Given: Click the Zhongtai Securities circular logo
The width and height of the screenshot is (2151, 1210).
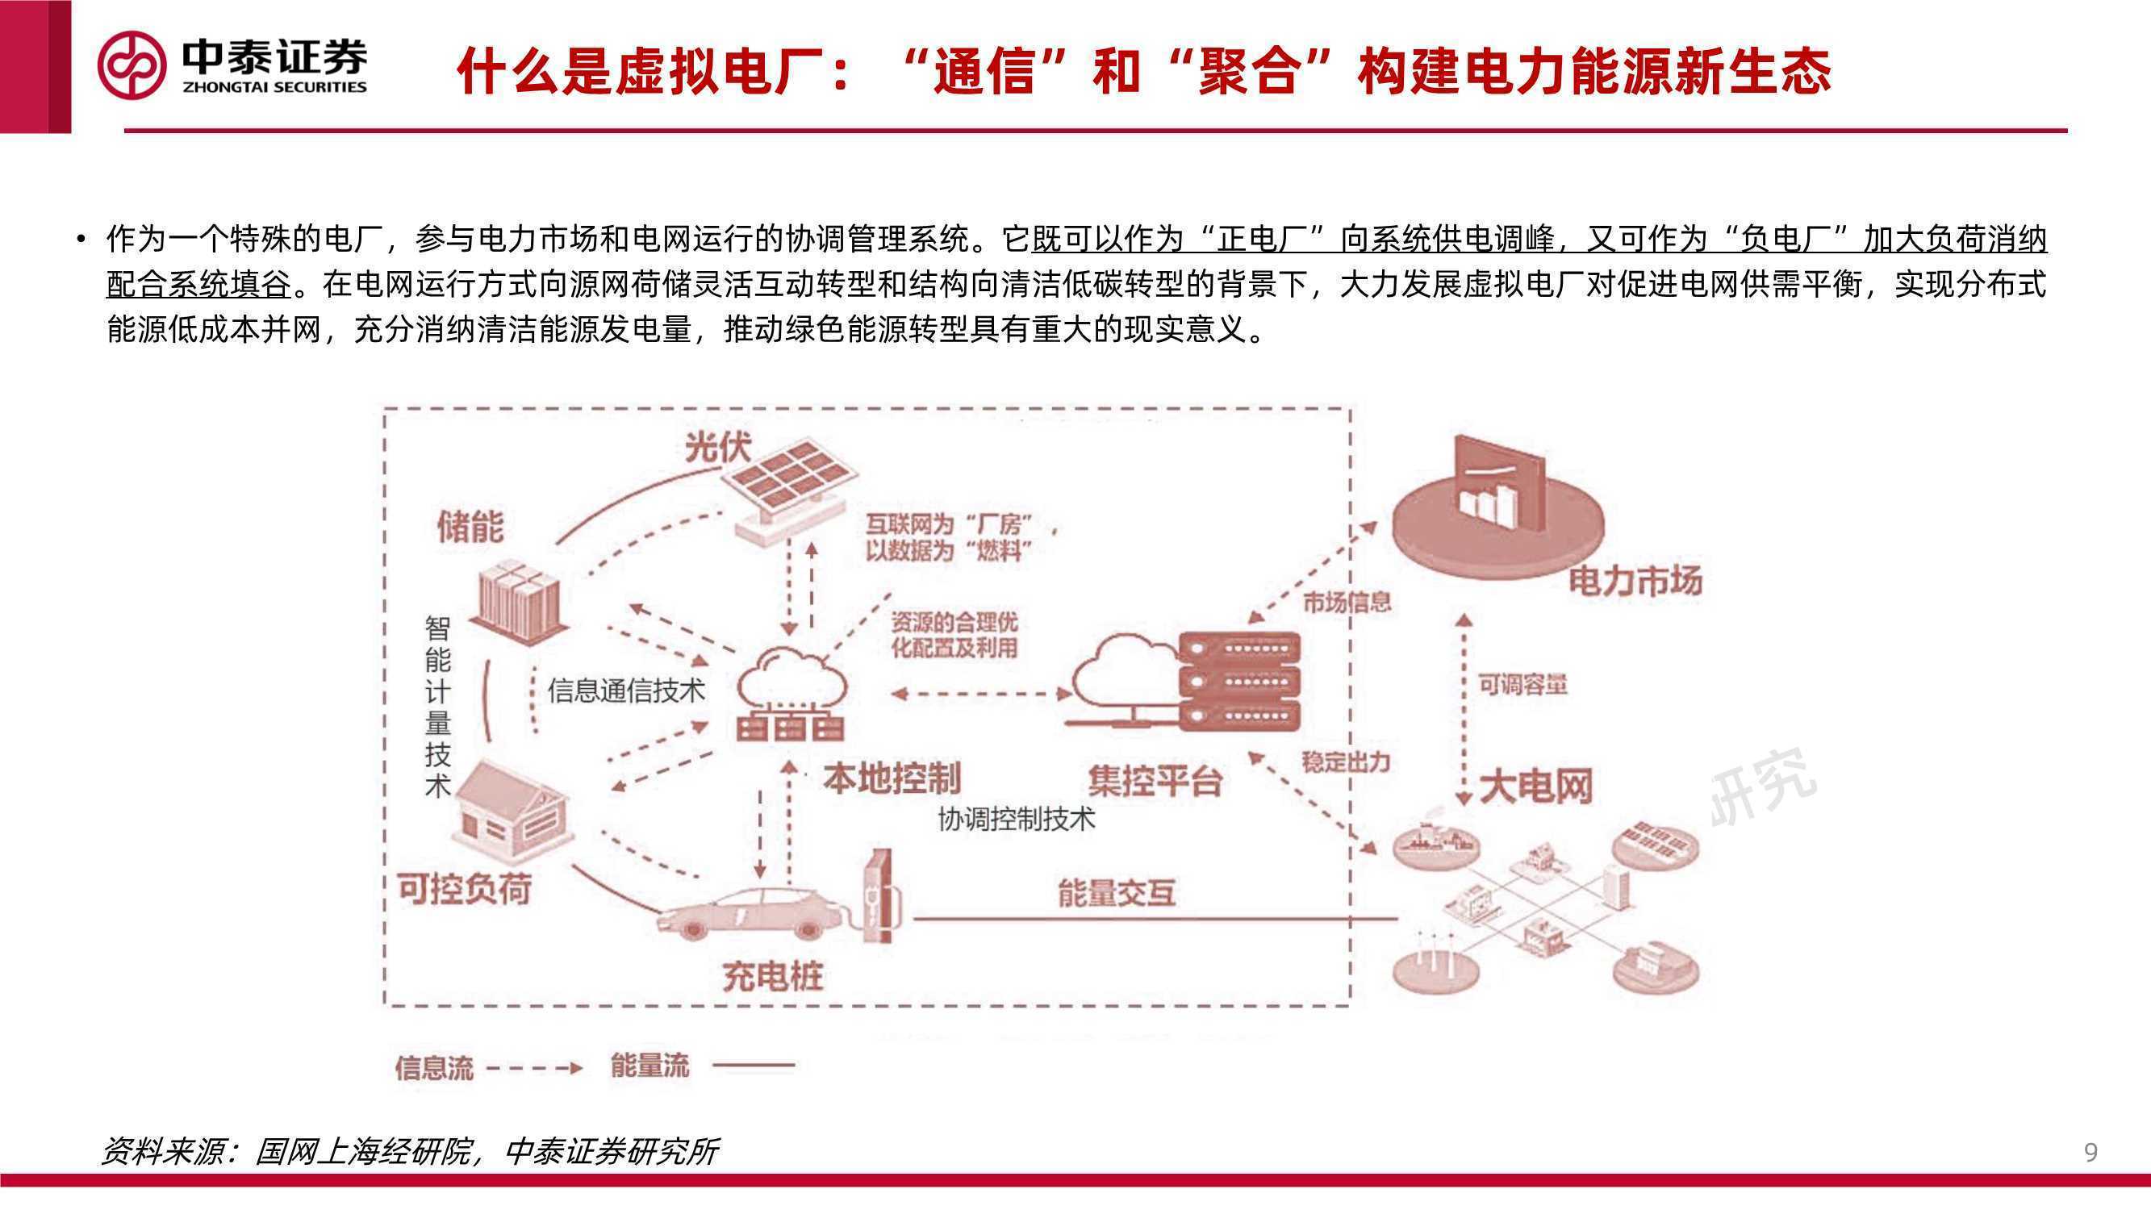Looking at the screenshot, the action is [x=132, y=66].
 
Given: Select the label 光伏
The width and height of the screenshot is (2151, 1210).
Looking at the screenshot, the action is [x=718, y=448].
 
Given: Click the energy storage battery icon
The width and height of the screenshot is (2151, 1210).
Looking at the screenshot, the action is [x=520, y=600].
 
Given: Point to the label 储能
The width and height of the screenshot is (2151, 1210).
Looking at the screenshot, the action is [x=471, y=527].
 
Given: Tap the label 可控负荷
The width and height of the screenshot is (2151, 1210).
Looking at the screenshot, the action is [x=465, y=889].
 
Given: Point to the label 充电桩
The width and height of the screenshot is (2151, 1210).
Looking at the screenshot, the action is [x=772, y=976].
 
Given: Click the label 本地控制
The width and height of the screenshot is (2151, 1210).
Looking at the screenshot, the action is [x=892, y=778].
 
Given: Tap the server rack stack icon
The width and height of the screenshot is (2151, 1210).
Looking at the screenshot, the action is [x=1239, y=682].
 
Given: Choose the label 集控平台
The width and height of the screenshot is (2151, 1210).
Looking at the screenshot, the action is [x=1155, y=782].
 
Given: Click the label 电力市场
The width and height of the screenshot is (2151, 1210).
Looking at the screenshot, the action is [x=1635, y=580].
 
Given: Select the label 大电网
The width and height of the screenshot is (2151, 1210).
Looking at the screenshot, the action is [x=1535, y=786].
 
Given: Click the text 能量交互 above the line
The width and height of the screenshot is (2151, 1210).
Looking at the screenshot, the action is [x=1117, y=893].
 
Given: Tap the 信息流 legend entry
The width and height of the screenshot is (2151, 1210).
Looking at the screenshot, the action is [x=488, y=1068].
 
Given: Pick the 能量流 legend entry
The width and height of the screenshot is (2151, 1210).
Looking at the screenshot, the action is [x=702, y=1066].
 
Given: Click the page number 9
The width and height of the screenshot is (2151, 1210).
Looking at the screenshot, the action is [x=2090, y=1153].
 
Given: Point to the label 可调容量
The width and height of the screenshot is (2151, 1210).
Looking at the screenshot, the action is [x=1523, y=685].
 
